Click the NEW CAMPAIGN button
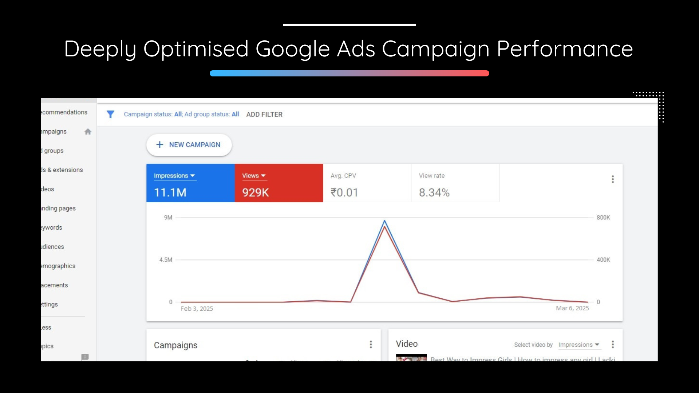click(189, 145)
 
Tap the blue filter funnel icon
click(110, 114)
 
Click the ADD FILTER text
click(264, 114)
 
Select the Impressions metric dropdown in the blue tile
click(174, 176)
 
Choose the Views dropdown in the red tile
click(254, 176)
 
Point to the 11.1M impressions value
click(170, 192)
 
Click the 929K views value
click(256, 192)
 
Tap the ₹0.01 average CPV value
click(344, 192)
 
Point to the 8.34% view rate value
click(434, 192)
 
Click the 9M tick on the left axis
click(168, 218)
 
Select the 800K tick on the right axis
click(603, 218)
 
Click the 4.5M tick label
click(166, 260)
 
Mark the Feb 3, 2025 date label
click(197, 309)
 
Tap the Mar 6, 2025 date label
click(572, 308)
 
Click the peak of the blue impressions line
click(384, 221)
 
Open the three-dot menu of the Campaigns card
click(371, 344)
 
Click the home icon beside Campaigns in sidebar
click(88, 132)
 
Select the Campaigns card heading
click(175, 345)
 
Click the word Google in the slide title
click(293, 49)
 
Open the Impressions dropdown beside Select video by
click(578, 345)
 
